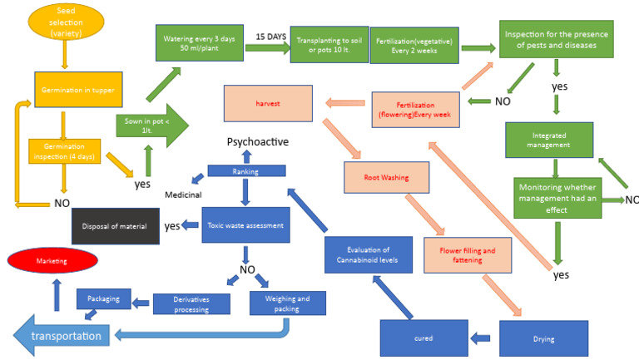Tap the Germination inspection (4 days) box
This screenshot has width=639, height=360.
(x=66, y=150)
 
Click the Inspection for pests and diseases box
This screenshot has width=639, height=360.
(x=552, y=39)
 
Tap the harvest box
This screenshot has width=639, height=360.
(x=267, y=105)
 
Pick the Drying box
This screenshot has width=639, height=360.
(x=543, y=338)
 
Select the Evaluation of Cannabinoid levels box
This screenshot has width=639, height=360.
(x=368, y=255)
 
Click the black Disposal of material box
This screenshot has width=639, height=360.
(x=115, y=225)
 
